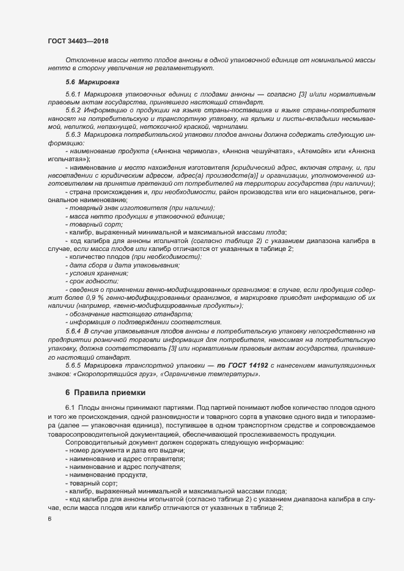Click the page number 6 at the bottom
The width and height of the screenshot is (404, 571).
(x=50, y=519)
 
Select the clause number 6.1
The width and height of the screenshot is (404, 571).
(x=69, y=407)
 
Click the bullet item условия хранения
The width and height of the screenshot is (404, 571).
(x=100, y=272)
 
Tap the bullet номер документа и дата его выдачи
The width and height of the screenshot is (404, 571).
(x=119, y=450)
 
